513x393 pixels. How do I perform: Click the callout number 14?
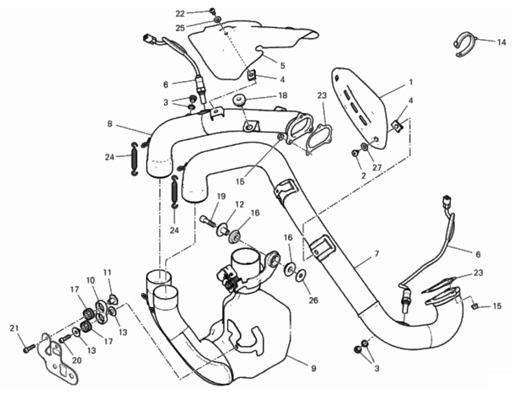coord(501,42)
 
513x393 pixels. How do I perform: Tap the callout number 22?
coord(180,14)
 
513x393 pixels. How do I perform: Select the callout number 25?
coord(180,28)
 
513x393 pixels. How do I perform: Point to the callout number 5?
coord(282,65)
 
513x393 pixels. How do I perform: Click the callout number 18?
coord(283,95)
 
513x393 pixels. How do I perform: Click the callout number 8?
coord(110,124)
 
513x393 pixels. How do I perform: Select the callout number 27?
coord(377,167)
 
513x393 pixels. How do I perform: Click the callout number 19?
coord(222,196)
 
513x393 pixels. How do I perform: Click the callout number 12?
coord(240,204)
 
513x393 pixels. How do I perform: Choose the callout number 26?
coord(313,300)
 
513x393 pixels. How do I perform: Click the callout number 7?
coord(377,253)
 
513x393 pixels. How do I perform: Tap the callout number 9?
coord(313,368)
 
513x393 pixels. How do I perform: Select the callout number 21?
coord(14,328)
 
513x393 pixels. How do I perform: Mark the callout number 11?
coord(108,272)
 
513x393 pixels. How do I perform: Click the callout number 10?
coord(91,280)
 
